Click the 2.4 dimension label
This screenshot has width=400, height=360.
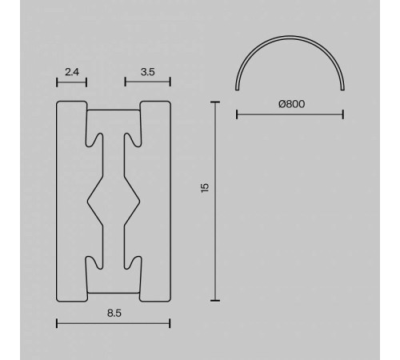tap(71, 72)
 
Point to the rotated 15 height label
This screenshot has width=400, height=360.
tap(205, 187)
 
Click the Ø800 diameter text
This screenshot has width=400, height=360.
tap(291, 103)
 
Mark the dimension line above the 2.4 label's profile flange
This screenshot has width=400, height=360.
tap(71, 82)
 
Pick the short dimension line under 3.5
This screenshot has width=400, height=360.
tap(146, 82)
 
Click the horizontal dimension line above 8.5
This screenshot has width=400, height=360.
tap(113, 324)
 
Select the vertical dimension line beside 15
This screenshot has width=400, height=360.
tap(214, 200)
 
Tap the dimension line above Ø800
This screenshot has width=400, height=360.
tap(290, 115)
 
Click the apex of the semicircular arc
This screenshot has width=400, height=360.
tap(290, 39)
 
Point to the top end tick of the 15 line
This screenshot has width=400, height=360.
tap(214, 102)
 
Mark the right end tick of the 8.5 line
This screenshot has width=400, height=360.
tap(170, 324)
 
